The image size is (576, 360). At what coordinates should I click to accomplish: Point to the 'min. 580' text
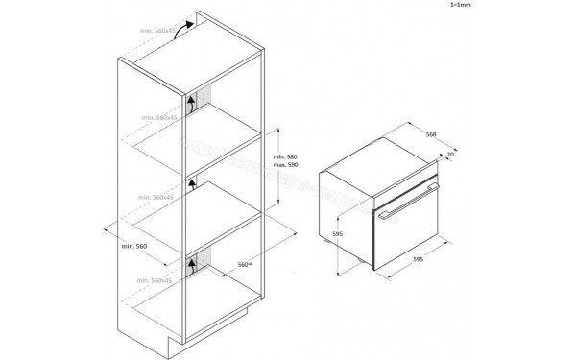tap(286, 156)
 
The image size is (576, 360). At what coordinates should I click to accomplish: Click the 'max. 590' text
tap(286, 166)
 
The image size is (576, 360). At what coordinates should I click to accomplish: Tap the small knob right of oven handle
tap(435, 188)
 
